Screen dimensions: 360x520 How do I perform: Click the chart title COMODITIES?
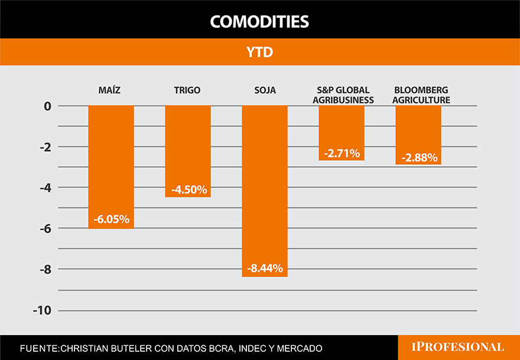pos(259,22)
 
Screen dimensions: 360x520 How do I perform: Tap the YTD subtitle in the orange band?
pos(259,52)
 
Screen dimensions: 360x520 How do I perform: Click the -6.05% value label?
pos(111,219)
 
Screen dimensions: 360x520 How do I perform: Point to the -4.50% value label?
pos(188,190)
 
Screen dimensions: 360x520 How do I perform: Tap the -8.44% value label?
pos(265,268)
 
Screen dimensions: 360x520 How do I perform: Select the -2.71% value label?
pos(342,154)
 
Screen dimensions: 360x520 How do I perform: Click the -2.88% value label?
pos(419,158)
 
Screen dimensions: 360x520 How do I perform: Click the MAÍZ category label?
pos(110,90)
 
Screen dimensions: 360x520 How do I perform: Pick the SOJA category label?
pos(264,90)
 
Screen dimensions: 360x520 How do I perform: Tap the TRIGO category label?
pos(187,90)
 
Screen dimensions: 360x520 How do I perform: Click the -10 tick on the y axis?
pos(43,311)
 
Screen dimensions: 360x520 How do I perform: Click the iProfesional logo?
pos(459,347)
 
